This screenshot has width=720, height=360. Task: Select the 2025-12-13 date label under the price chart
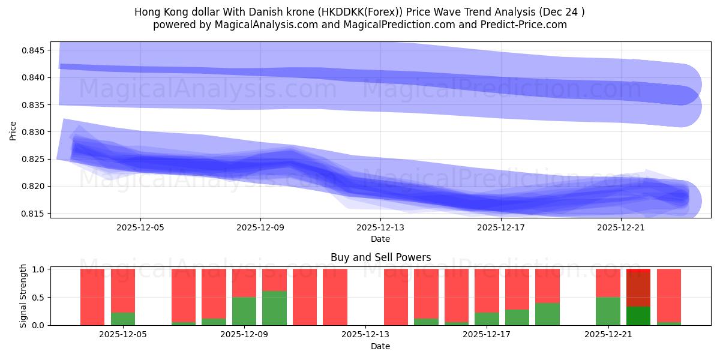(x=380, y=227)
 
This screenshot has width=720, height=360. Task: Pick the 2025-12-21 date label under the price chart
(x=620, y=227)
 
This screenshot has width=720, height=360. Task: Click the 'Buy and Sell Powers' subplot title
(x=380, y=257)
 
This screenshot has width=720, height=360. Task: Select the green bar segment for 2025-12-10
(x=274, y=308)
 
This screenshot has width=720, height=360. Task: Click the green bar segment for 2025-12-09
(x=244, y=311)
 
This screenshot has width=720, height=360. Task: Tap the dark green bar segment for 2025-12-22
(x=638, y=316)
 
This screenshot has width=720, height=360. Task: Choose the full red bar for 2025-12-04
(x=92, y=297)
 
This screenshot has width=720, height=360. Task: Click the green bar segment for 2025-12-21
(x=608, y=311)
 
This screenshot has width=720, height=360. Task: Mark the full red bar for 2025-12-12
(x=335, y=297)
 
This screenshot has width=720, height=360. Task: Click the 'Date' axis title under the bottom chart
(x=380, y=346)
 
